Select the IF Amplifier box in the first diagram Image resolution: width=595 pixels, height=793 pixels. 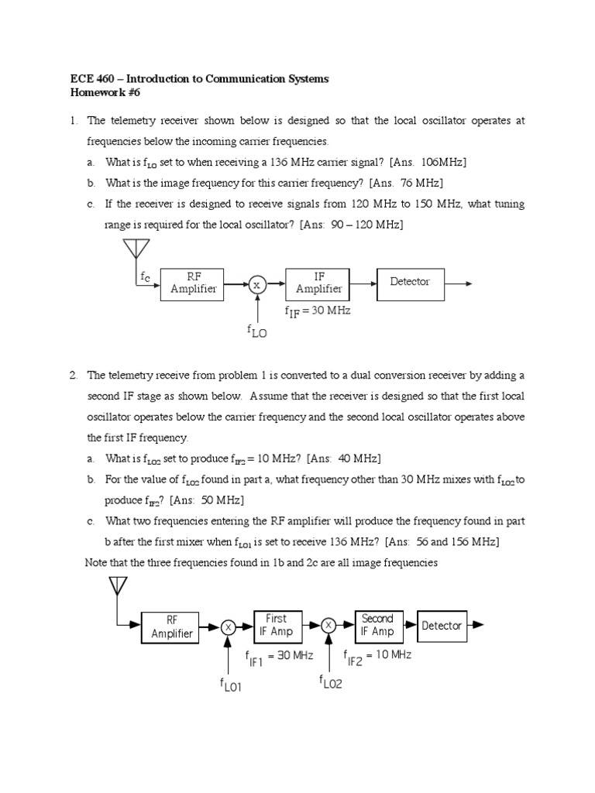pos(318,283)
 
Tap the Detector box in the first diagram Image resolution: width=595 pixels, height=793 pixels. pos(410,282)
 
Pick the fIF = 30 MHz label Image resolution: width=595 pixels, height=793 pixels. pos(318,311)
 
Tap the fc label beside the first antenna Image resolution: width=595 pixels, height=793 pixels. pos(145,276)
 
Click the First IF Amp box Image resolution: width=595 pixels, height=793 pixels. pos(276,625)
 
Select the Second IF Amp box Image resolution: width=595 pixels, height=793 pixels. pos(377,625)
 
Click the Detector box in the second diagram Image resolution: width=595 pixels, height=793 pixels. pos(441,626)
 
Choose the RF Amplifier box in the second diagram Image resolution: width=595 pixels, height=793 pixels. pos(172,627)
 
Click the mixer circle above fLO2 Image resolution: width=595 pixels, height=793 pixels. pos(328,626)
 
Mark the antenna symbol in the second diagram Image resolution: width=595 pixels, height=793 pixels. pos(118,585)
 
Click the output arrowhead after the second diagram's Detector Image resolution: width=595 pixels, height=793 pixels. pos(479,626)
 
